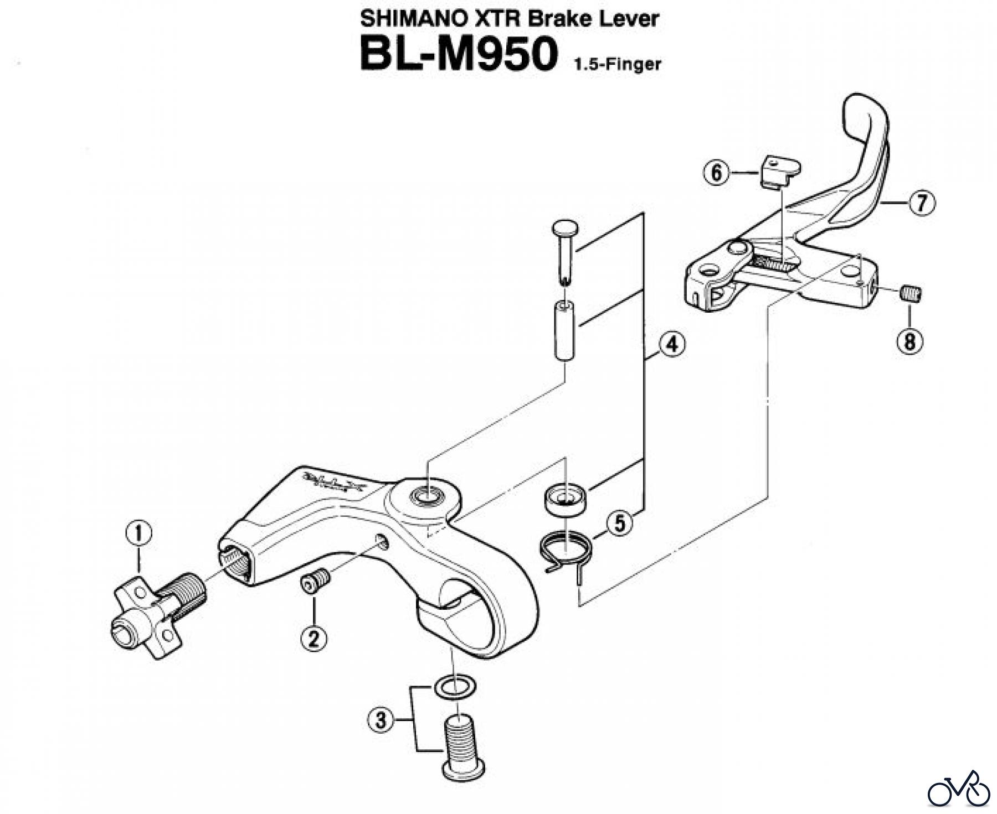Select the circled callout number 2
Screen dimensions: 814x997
pos(314,639)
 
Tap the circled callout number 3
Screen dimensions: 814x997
pos(381,720)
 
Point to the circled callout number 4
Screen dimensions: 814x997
pos(671,345)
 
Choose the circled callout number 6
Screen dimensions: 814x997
pos(717,173)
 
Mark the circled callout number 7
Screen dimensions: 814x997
pos(921,203)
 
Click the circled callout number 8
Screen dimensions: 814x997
pos(910,341)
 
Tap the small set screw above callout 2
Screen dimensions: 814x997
pos(315,583)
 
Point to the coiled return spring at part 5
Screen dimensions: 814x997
pos(566,551)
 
